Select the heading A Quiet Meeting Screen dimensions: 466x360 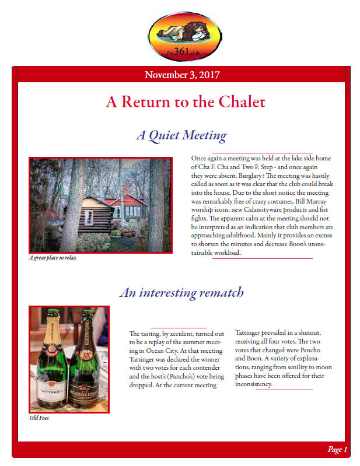coord(181,136)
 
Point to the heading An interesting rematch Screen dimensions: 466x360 coord(181,292)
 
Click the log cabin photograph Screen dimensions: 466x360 coord(101,204)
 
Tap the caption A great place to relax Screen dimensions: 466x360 coord(52,258)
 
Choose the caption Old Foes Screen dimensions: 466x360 coord(39,418)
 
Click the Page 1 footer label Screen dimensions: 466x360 coord(337,449)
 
